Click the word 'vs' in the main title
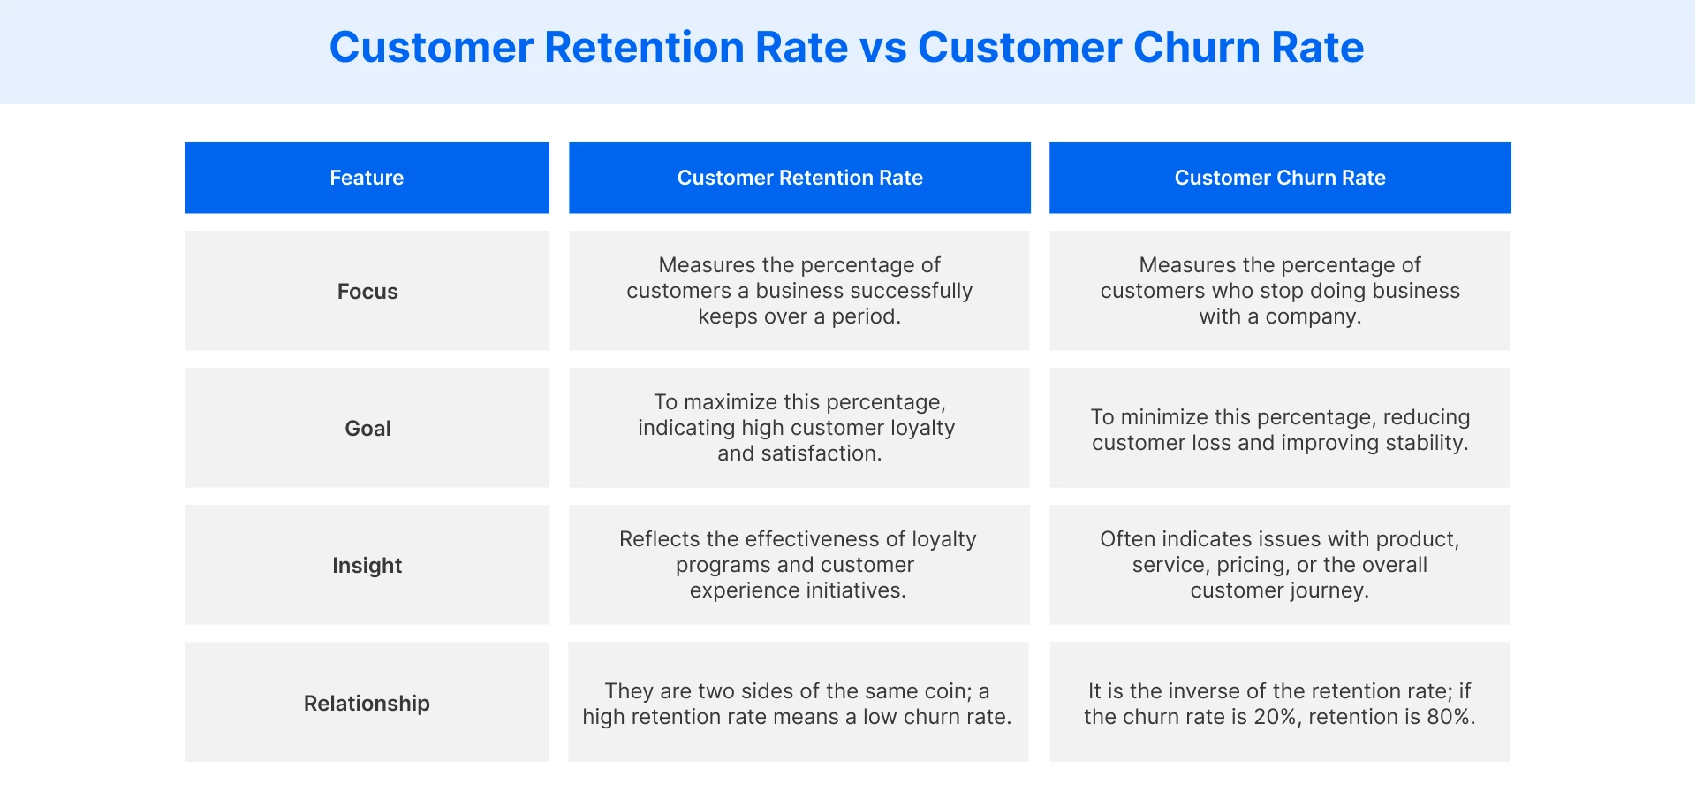882,48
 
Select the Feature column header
367,178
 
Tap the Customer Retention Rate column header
799,178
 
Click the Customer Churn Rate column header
1279,178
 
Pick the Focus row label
367,292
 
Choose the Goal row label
367,429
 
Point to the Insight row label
367,566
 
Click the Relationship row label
367,704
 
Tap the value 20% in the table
1276,717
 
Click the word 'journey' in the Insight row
1322,590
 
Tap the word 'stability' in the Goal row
1425,443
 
